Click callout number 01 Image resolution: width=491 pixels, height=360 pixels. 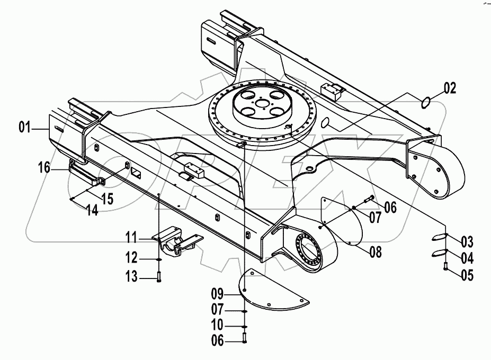tap(25, 127)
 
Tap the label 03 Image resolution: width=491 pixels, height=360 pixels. tap(467, 243)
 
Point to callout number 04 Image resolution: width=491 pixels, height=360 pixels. tap(467, 258)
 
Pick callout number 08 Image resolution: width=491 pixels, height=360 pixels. tap(376, 252)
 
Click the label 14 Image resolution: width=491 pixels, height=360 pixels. tap(92, 210)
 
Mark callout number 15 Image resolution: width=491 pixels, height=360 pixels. tap(108, 199)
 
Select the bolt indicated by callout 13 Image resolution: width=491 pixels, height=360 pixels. tap(158, 276)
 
